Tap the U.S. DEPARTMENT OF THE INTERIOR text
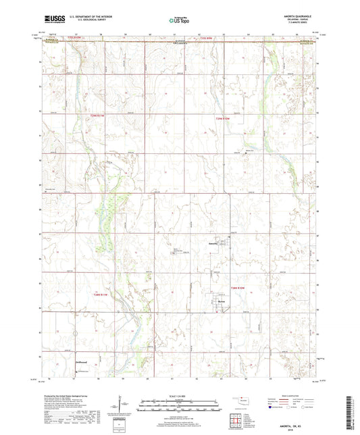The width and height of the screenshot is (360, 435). coord(96,18)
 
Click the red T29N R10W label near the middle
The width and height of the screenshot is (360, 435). coord(223,119)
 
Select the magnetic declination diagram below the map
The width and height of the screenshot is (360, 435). coord(124,406)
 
